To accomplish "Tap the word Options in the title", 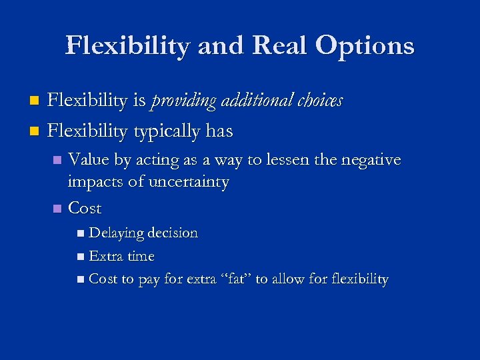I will pos(365,45).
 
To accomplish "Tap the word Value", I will pos(89,160).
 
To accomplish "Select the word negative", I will pos(371,160).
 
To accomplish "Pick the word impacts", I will pos(95,182).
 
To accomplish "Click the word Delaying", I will pos(117,233).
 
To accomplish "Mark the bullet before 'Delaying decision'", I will pos(81,234).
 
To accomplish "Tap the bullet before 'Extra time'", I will pos(81,257).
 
